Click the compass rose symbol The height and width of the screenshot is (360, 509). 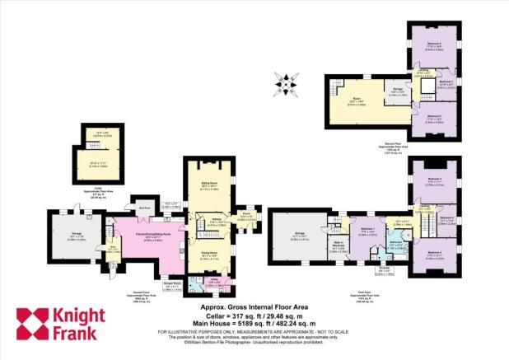287,83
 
